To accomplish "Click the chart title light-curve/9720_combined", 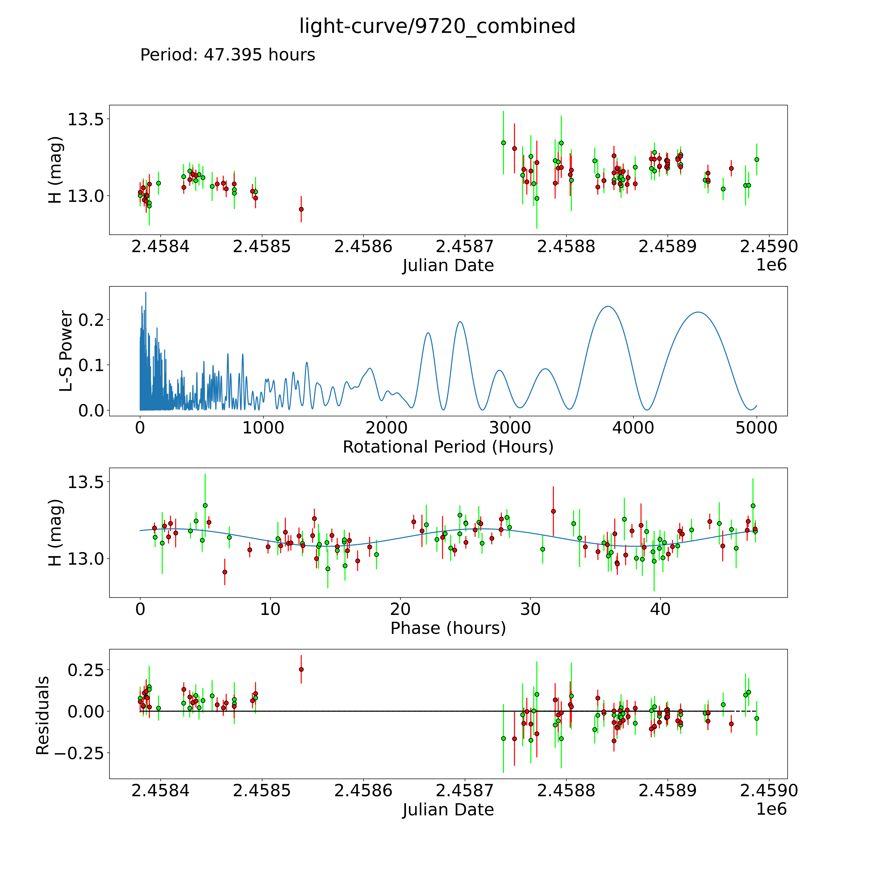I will pyautogui.click(x=437, y=26).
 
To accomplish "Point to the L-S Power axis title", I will pyautogui.click(x=66, y=351).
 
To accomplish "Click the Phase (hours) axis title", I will pyautogui.click(x=448, y=628).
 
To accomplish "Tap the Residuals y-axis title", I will pyautogui.click(x=43, y=716).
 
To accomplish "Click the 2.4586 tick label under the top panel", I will pyautogui.click(x=363, y=247).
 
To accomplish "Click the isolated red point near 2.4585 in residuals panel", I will pyautogui.click(x=301, y=669).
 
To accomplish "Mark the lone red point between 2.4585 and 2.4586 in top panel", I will pyautogui.click(x=301, y=209).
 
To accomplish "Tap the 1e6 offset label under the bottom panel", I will pyautogui.click(x=771, y=809).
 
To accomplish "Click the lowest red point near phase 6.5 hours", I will pyautogui.click(x=225, y=572).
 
